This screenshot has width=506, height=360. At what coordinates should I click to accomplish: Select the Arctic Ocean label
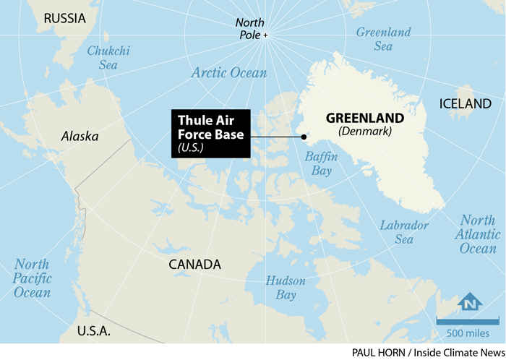[228, 73]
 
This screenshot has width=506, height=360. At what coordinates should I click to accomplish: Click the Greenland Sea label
[383, 40]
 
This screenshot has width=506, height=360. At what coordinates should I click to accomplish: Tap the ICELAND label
[465, 104]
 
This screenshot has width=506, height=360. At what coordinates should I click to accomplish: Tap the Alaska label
[80, 136]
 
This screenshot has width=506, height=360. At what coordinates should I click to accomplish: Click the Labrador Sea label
[404, 232]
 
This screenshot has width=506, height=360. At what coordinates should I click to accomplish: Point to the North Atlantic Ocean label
[478, 234]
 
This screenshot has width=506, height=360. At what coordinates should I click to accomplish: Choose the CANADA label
[194, 265]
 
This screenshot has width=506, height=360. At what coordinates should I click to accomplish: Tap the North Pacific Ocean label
[32, 278]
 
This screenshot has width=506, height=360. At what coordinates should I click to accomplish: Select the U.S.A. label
[94, 331]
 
